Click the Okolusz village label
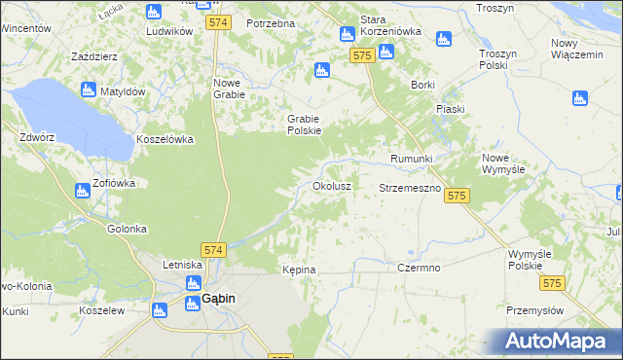331,184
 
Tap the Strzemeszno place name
410,187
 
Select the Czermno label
420,267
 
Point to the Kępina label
299,269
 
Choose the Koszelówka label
165,139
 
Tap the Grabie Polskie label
304,125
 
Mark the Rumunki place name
411,158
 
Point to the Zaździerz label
94,56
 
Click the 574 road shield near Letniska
214,250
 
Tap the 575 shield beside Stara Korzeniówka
363,56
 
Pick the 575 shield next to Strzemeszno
458,196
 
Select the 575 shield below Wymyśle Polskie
553,282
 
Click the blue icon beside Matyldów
88,90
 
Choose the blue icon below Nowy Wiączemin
580,98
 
